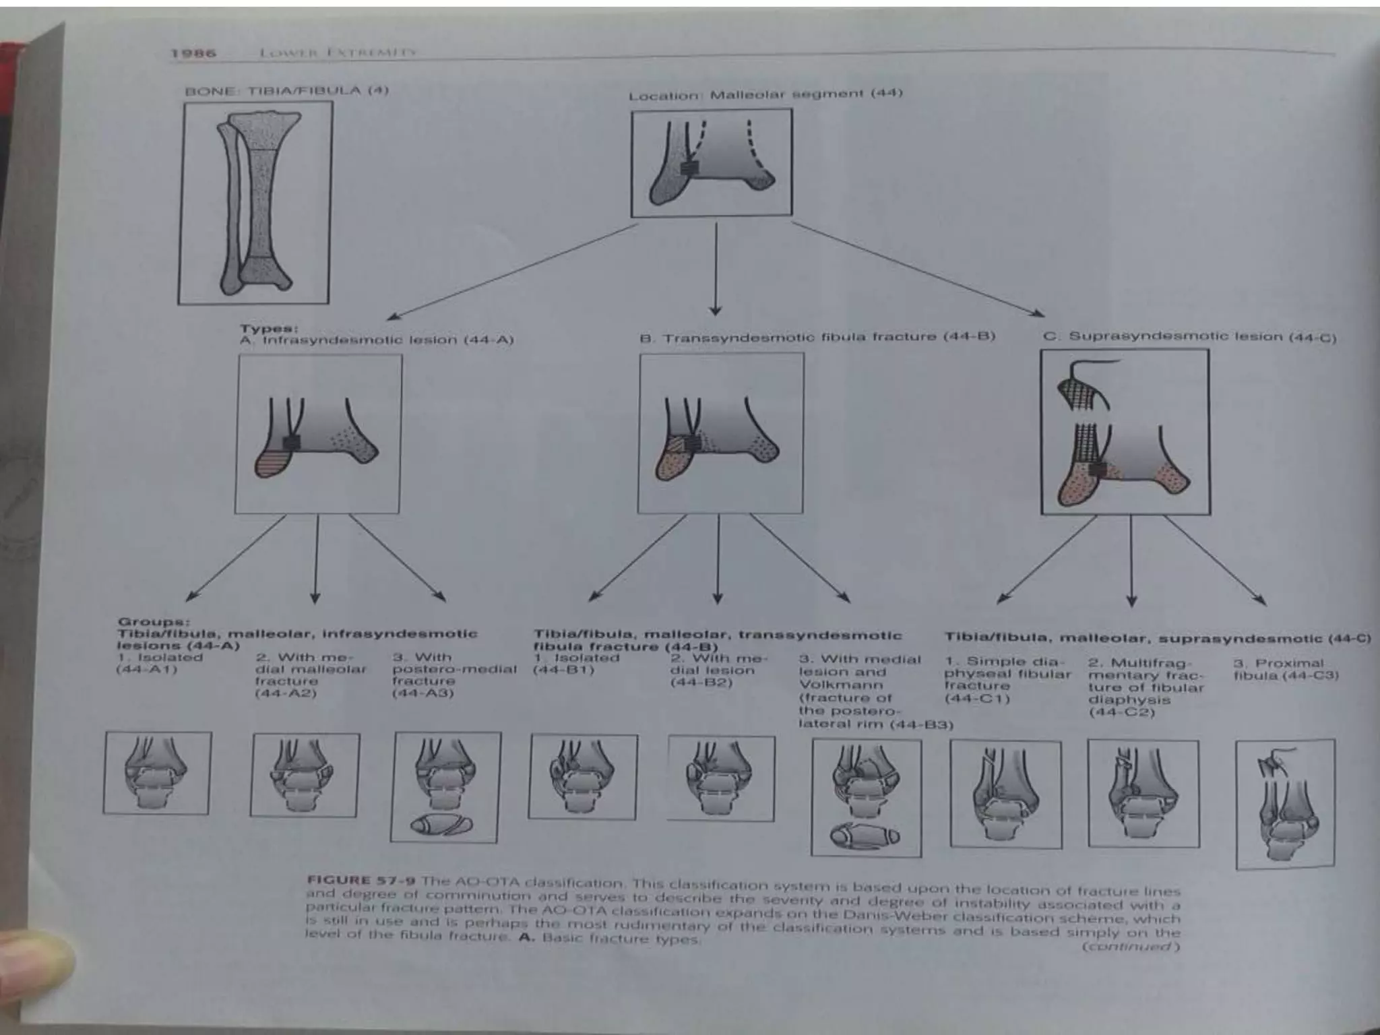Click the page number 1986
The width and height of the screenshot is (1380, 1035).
(x=193, y=53)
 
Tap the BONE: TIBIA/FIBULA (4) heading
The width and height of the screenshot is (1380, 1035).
(x=286, y=90)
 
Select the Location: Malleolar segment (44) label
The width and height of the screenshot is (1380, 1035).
(x=765, y=94)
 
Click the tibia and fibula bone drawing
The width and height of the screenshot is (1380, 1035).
(x=255, y=202)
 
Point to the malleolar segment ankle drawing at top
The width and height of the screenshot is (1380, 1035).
(x=711, y=163)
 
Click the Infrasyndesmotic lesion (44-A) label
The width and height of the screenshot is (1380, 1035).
(x=388, y=340)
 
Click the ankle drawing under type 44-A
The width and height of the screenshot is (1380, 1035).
(x=317, y=435)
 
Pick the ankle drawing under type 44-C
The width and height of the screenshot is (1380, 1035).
(x=1125, y=432)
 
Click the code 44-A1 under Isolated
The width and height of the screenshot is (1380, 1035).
(x=146, y=670)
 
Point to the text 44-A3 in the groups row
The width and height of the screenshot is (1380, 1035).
(x=423, y=693)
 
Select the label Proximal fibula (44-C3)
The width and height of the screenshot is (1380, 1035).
(x=1286, y=670)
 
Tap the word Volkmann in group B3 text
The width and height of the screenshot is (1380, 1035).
(x=840, y=685)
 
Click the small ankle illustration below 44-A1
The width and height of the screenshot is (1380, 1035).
(x=157, y=774)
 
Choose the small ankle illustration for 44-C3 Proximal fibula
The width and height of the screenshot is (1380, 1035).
(x=1285, y=804)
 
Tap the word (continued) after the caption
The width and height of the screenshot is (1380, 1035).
(x=1131, y=947)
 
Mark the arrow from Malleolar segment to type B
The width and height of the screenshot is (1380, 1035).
(x=716, y=270)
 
